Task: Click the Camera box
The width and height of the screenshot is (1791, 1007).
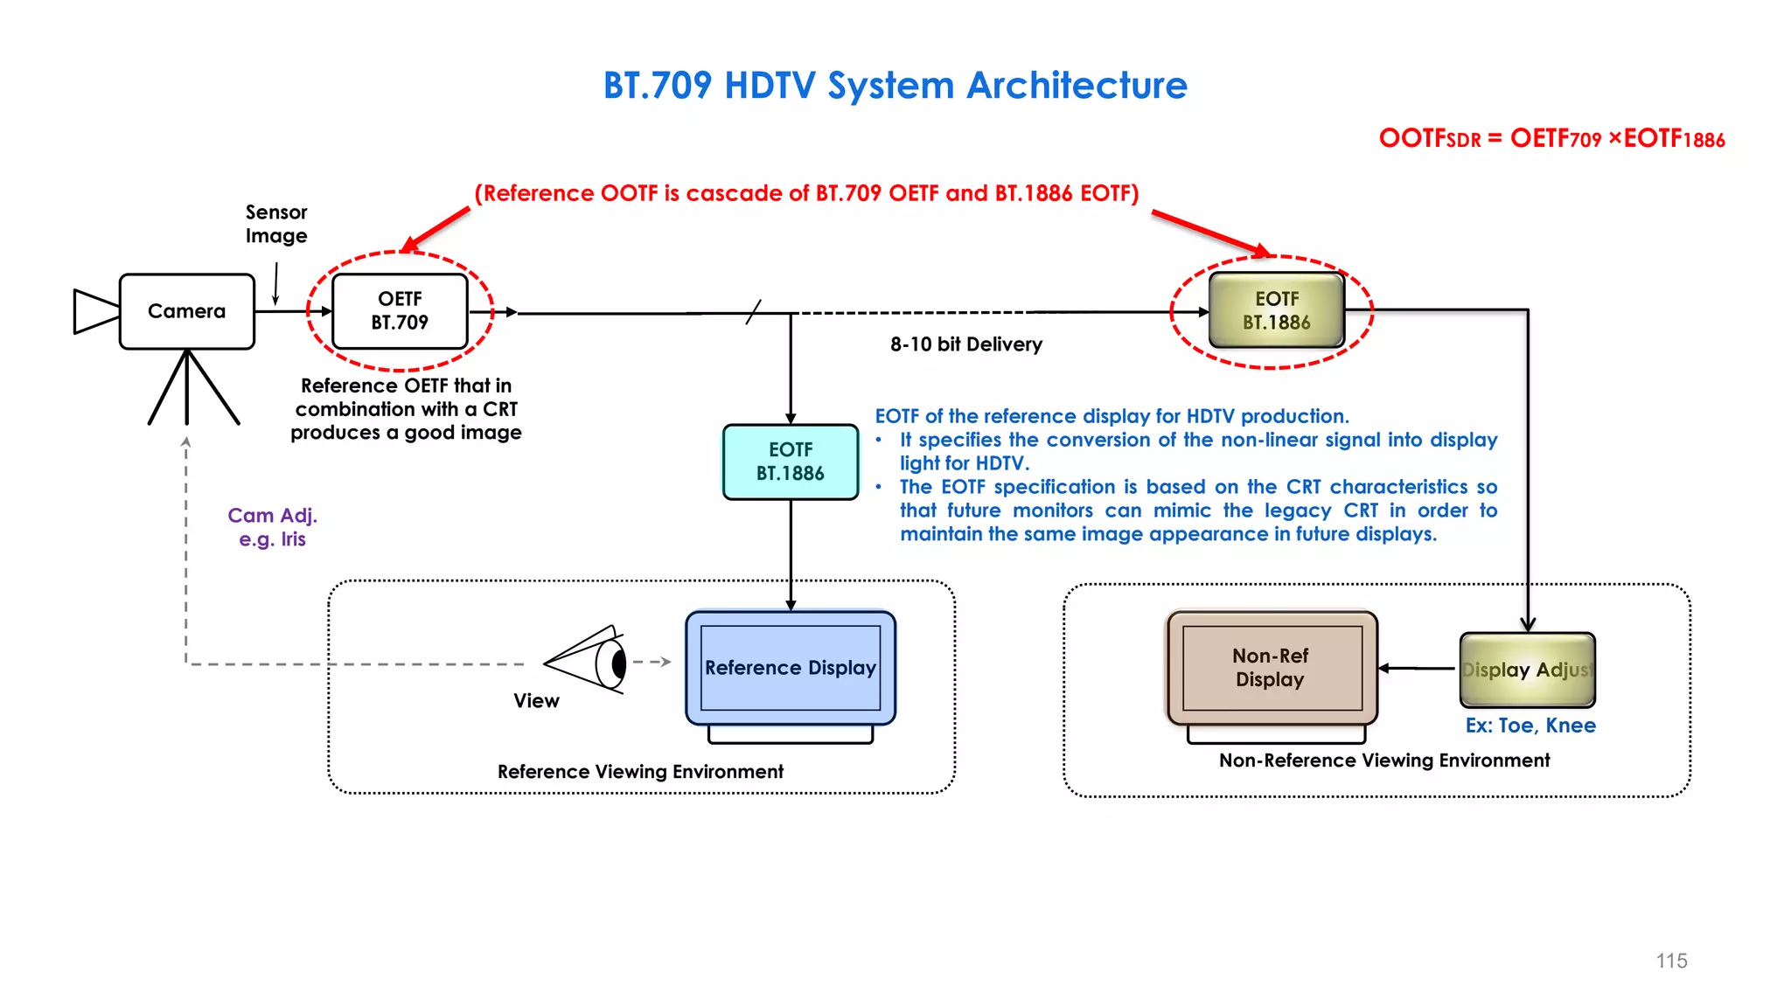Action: coord(186,311)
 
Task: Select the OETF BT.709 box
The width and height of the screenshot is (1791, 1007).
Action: coord(400,311)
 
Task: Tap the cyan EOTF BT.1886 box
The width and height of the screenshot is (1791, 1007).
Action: coord(791,462)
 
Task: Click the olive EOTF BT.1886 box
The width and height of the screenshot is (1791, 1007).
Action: coord(1276,310)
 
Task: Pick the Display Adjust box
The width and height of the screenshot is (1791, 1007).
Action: coord(1527,670)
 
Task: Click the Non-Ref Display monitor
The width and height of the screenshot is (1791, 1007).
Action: coord(1272,668)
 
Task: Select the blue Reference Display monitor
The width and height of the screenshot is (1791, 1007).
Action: coord(791,668)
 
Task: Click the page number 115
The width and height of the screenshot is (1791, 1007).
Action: coord(1671,961)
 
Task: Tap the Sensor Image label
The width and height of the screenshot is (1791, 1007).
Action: coord(276,224)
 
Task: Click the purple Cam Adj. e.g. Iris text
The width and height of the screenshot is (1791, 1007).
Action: coord(272,527)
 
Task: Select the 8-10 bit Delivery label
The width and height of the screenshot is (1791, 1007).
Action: coord(966,344)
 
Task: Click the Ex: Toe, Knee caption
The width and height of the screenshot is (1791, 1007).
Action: coord(1530,726)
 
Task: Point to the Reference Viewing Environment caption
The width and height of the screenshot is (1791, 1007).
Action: coord(640,772)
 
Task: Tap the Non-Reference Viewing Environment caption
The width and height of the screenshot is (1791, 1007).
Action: coord(1384,760)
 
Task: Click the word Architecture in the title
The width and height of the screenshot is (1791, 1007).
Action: coord(1077,86)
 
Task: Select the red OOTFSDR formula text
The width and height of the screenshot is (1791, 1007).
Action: coord(1551,139)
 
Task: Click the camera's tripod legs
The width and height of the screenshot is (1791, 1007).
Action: coord(188,389)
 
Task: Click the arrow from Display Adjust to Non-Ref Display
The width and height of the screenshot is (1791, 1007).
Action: coord(1417,669)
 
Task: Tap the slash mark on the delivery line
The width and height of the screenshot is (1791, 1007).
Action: coord(754,312)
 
